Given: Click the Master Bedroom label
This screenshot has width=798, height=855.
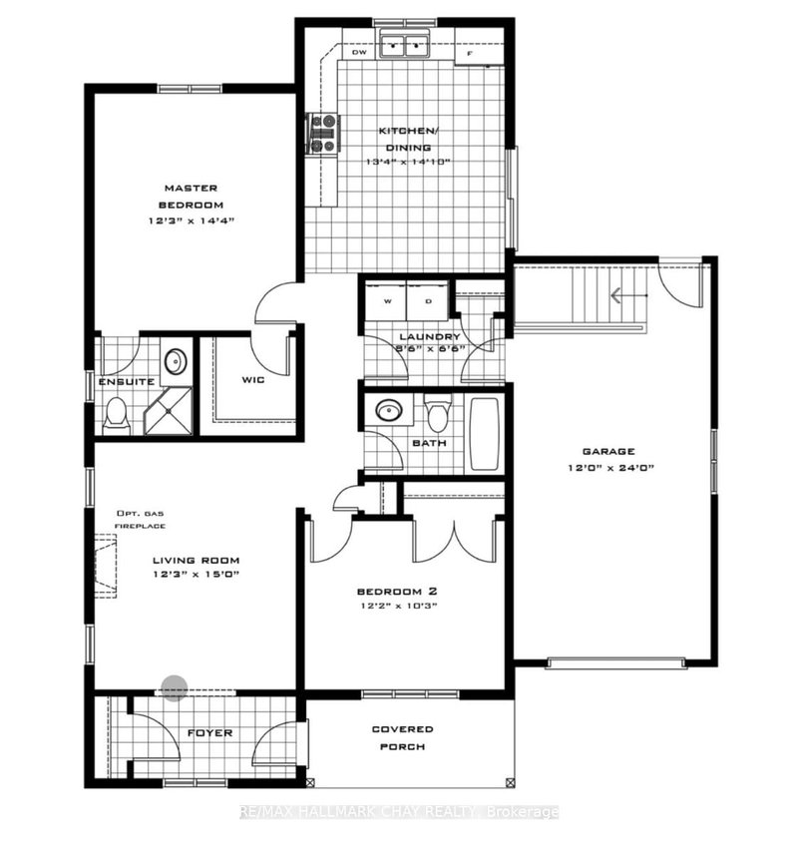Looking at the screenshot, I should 191,195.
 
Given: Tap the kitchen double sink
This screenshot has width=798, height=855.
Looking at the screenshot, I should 405,44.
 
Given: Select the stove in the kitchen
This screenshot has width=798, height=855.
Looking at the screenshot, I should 322,133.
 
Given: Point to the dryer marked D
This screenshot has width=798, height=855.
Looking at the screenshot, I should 428,300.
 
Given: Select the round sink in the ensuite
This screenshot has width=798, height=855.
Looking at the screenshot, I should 175,361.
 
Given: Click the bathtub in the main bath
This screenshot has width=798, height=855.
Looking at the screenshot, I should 486,435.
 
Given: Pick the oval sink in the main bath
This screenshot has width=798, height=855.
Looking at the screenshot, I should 386,410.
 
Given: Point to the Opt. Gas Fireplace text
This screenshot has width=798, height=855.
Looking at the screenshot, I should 139,519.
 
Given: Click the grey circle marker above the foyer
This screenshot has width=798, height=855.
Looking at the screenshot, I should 175,688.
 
